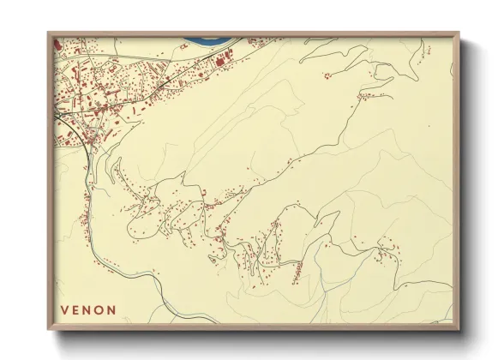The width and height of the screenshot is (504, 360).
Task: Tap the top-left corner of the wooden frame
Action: tap(49, 34)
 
